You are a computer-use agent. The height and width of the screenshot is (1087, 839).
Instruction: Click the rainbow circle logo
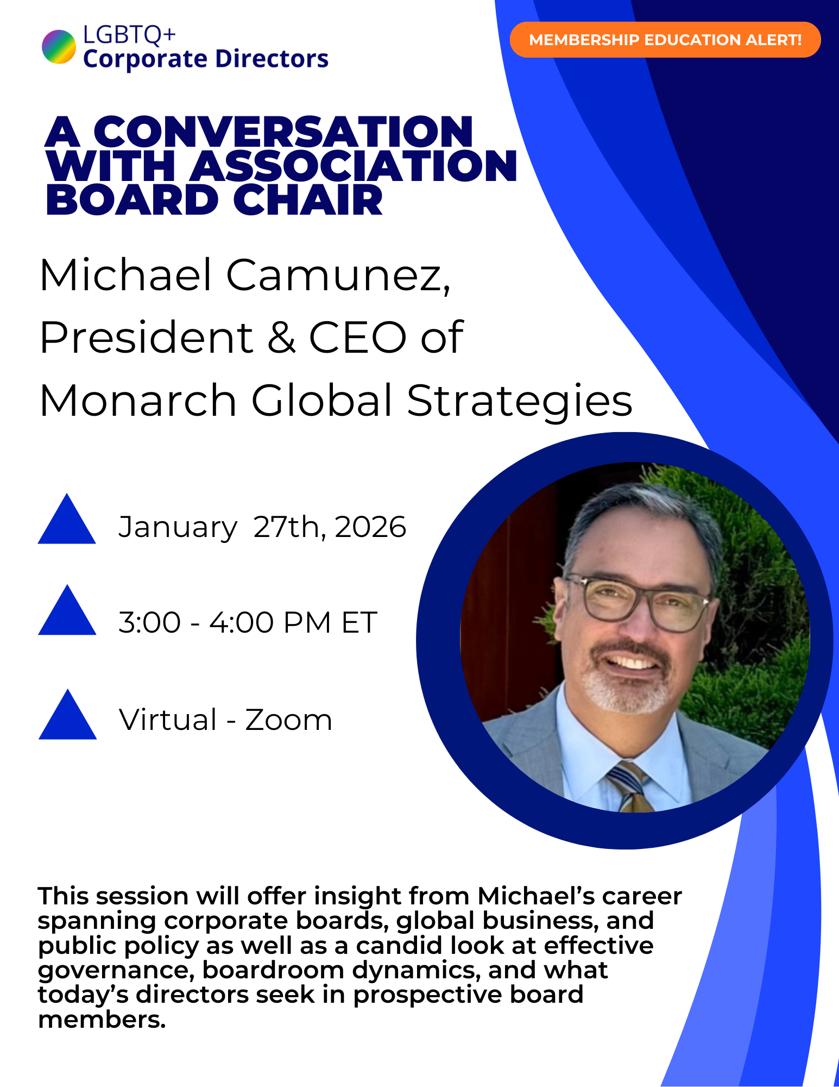point(59,47)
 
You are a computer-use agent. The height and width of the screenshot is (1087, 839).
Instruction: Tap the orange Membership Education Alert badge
point(665,40)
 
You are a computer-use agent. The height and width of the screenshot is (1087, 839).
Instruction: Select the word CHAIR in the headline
point(308,200)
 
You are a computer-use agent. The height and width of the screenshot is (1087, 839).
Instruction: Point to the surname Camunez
point(338,275)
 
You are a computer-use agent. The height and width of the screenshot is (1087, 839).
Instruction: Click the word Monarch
point(138,401)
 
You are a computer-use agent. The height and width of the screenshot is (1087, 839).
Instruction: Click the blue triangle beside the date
point(67,522)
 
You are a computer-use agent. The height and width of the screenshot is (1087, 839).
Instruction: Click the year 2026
point(370,527)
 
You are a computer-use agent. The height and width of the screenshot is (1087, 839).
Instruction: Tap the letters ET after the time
point(359,623)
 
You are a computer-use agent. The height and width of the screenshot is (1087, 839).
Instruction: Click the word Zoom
point(288,720)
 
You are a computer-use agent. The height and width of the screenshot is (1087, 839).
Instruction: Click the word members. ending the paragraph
point(102,1020)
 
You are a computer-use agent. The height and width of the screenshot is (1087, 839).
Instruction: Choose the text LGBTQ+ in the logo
point(129,35)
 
